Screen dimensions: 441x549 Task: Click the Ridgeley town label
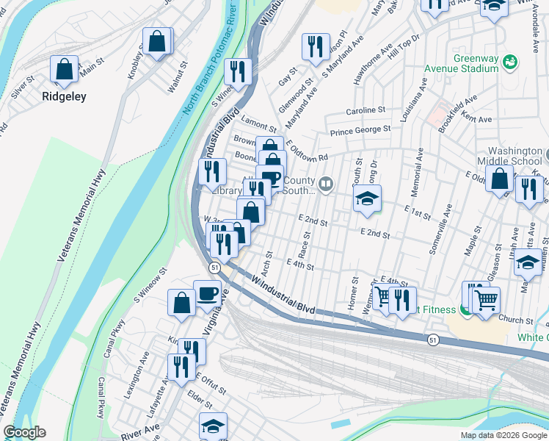tap(64, 96)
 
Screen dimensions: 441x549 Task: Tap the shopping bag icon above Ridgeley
tap(64, 69)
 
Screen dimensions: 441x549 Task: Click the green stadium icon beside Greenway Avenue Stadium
tap(511, 65)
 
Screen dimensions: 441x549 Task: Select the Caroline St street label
tap(366, 110)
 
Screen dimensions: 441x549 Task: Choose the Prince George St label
tap(360, 131)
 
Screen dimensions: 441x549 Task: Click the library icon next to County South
tap(325, 184)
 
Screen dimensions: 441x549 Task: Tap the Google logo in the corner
tap(24, 432)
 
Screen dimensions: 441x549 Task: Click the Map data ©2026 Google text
tap(503, 435)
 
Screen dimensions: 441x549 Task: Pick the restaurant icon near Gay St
tap(316, 46)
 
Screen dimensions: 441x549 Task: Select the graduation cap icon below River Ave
tap(213, 426)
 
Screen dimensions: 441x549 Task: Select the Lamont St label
tap(258, 126)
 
